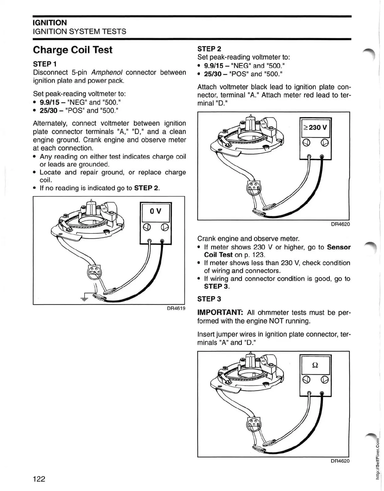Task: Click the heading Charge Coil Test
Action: click(72, 50)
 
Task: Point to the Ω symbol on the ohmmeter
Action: click(315, 365)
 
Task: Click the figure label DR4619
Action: click(176, 308)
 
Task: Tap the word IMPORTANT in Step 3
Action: click(220, 313)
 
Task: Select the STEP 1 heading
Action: click(45, 64)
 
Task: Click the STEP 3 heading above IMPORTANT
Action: click(209, 299)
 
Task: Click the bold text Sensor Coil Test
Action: click(339, 247)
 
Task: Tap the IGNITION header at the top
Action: click(50, 23)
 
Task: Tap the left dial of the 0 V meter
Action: click(147, 227)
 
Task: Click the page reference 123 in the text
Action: click(258, 255)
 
